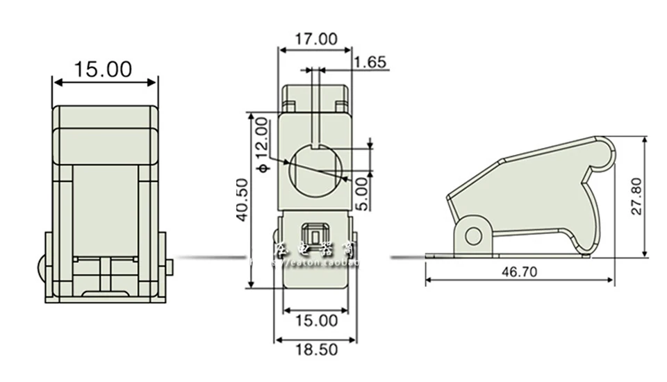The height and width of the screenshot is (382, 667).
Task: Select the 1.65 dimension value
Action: [370, 63]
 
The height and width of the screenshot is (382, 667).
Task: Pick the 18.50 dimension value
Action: [315, 349]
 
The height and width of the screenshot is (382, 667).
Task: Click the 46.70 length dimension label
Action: [519, 272]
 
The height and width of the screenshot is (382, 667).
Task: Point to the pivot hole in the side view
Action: [474, 236]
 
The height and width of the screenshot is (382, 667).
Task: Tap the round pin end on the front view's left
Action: [41, 267]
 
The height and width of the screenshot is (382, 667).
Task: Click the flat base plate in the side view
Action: [507, 256]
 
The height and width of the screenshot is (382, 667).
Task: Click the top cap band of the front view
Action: [105, 116]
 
